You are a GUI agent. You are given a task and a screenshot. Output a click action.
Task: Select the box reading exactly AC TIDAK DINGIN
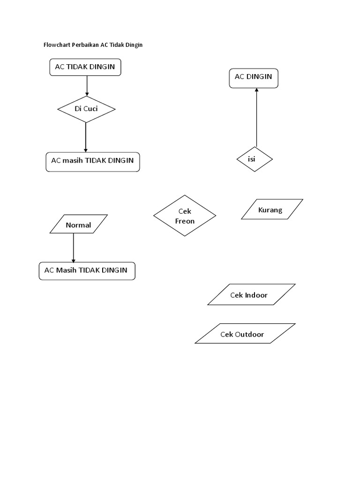(85, 67)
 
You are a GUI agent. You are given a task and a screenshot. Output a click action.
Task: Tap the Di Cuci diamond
(86, 109)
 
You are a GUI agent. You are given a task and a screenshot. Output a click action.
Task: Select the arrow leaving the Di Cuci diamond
(86, 137)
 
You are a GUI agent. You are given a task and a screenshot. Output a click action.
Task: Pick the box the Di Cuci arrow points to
(92, 161)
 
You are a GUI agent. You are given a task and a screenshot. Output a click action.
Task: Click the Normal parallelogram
(78, 225)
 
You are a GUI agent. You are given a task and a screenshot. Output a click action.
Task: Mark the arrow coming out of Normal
(73, 247)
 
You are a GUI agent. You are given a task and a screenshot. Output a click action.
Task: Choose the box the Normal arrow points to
(86, 270)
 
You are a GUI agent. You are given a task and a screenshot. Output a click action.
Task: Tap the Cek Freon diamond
(184, 216)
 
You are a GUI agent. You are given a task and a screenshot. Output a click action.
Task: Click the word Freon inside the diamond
(185, 221)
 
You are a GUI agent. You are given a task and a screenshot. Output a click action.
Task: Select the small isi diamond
(254, 159)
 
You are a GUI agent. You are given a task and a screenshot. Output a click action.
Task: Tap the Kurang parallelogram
(271, 210)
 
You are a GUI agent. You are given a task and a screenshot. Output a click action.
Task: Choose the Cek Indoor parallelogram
(251, 295)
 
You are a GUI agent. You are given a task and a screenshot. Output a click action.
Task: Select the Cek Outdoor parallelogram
(245, 334)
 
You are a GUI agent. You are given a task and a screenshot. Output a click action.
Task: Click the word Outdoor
(249, 334)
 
